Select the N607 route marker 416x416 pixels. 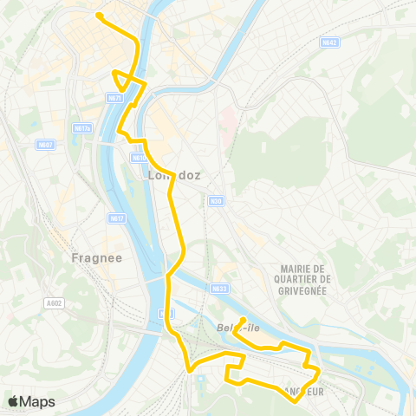pyautogui.click(x=46, y=144)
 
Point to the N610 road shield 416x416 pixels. pyautogui.click(x=139, y=159)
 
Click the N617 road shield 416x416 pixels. pyautogui.click(x=117, y=218)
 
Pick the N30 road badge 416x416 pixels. pyautogui.click(x=215, y=201)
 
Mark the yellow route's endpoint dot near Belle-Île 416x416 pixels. pyautogui.click(x=244, y=318)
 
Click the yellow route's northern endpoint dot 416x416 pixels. pyautogui.click(x=100, y=16)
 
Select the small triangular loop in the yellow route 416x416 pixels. pyautogui.click(x=126, y=80)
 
